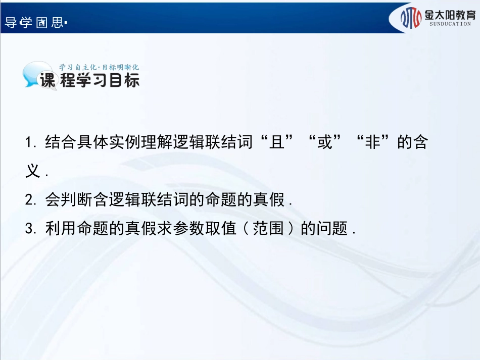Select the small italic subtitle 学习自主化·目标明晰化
(99, 67)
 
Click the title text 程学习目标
(100, 81)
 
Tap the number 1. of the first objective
(30, 143)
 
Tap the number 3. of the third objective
(30, 229)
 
